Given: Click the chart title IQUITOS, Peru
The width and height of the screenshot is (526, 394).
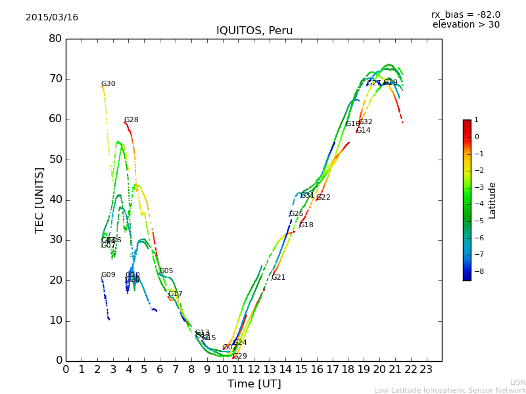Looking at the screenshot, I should (254, 31).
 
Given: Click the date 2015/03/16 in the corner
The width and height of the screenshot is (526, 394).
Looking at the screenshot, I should (52, 18).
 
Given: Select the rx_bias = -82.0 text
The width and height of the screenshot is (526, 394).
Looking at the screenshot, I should (466, 14).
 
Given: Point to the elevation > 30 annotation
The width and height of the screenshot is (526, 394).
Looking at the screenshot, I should (466, 25).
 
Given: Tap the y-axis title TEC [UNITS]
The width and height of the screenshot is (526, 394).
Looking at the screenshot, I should (39, 200).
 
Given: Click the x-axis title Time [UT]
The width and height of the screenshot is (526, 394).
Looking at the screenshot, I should (254, 384).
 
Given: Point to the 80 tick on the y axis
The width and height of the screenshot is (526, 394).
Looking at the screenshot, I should (55, 39).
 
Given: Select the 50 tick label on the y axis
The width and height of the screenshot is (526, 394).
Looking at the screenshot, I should (55, 160).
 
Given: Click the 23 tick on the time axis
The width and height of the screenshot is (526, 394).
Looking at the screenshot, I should (426, 369).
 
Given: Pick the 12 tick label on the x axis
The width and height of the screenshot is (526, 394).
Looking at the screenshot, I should (254, 369).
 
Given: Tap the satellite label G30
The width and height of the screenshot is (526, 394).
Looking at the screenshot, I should (108, 84).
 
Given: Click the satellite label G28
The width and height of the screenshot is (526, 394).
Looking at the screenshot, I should (131, 120).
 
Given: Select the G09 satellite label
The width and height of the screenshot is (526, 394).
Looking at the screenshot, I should (108, 275).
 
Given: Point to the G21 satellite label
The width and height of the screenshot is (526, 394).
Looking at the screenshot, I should (278, 278).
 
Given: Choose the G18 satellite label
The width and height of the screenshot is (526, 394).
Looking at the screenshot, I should (306, 225).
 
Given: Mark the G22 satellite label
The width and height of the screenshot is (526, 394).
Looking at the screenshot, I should (323, 198).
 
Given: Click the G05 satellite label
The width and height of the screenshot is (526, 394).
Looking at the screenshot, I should (166, 271).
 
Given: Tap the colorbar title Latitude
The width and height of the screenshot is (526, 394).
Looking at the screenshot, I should (492, 200).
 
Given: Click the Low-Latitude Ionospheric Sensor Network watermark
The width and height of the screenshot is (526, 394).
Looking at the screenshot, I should (450, 391).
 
